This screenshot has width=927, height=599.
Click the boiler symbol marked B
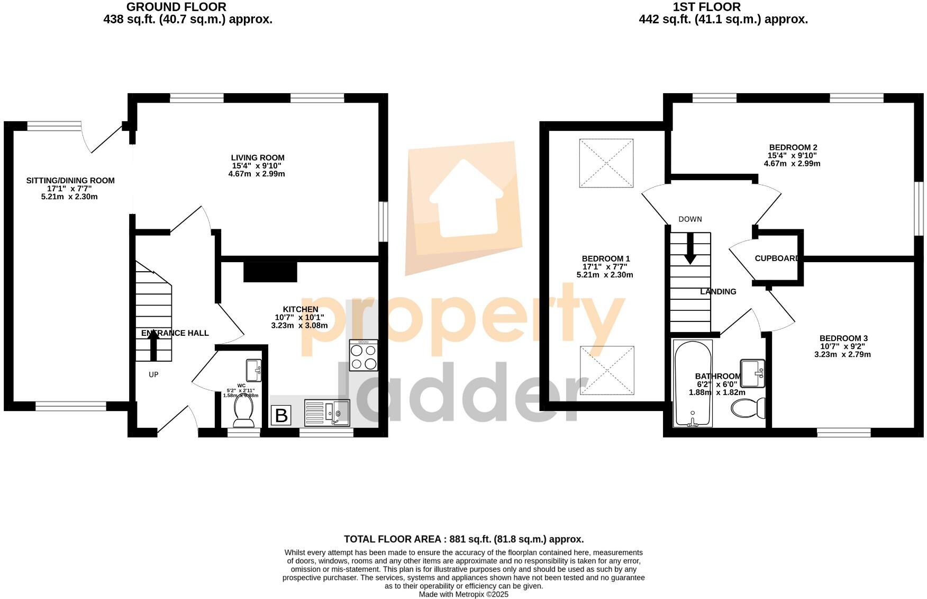(281, 415)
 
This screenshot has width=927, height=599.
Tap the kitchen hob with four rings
(363, 355)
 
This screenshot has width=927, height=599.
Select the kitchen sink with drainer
(327, 413)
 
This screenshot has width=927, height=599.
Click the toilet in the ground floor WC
(243, 412)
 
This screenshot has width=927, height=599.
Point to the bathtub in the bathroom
(693, 383)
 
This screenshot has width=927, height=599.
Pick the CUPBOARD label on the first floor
(777, 258)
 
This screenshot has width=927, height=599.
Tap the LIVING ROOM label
(258, 158)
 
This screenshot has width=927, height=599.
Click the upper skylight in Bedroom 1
(606, 163)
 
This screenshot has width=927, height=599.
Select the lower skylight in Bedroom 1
(607, 371)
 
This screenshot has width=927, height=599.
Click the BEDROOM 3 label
(843, 338)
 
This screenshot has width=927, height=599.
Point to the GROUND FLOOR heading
(176, 7)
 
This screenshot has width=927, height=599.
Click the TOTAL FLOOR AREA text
(463, 539)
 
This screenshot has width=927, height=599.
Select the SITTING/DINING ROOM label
(70, 181)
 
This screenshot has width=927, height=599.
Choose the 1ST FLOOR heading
(706, 7)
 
